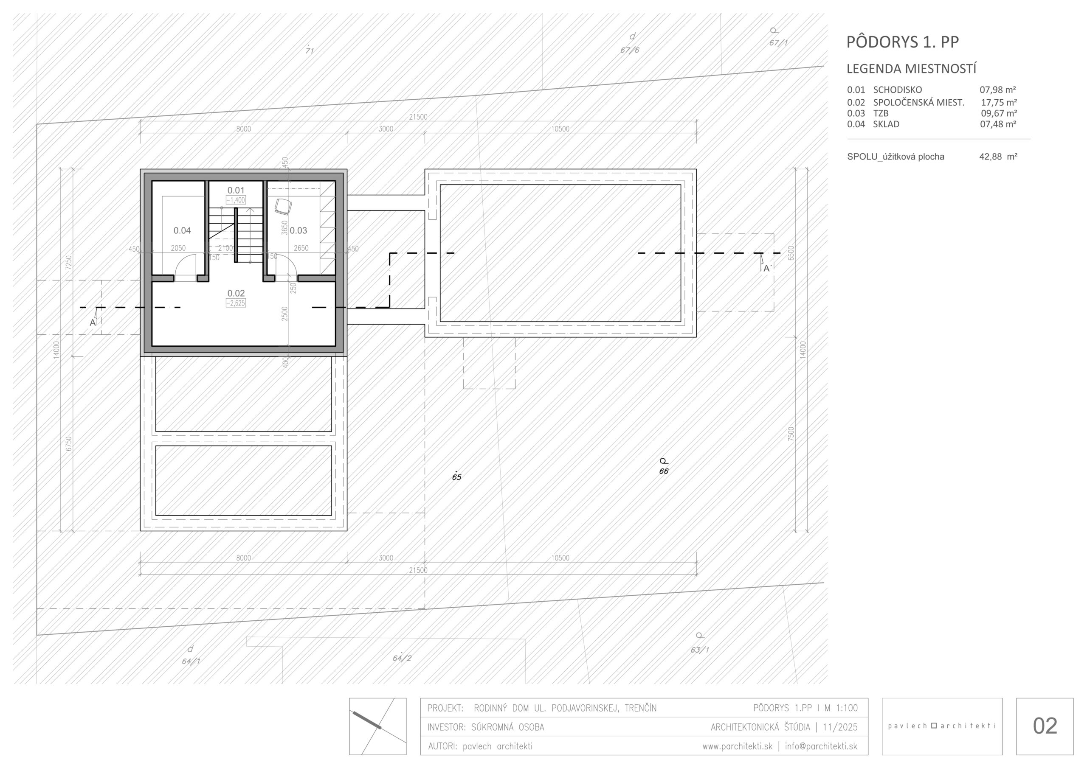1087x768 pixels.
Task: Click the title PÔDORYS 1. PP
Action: tap(902, 42)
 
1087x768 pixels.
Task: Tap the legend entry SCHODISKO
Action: tap(898, 90)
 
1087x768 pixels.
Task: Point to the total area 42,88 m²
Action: tap(998, 157)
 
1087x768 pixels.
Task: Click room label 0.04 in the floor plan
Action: tap(182, 230)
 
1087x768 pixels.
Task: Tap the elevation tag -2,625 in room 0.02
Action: tap(236, 303)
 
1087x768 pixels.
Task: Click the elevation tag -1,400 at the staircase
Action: tap(236, 200)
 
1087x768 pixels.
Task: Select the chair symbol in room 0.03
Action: tap(283, 206)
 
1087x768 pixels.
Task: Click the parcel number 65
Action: tap(456, 477)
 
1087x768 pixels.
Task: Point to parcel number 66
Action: tap(664, 471)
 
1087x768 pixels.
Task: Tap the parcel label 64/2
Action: tap(402, 658)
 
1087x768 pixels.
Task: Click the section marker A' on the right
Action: tap(767, 268)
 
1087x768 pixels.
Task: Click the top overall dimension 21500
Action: tap(419, 117)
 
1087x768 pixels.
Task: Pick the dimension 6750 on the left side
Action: tap(69, 443)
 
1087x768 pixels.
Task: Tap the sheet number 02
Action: tap(1045, 726)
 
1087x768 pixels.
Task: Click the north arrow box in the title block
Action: tap(378, 726)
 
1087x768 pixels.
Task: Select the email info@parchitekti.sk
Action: tap(821, 746)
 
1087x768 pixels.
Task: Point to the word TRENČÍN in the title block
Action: tap(641, 708)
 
